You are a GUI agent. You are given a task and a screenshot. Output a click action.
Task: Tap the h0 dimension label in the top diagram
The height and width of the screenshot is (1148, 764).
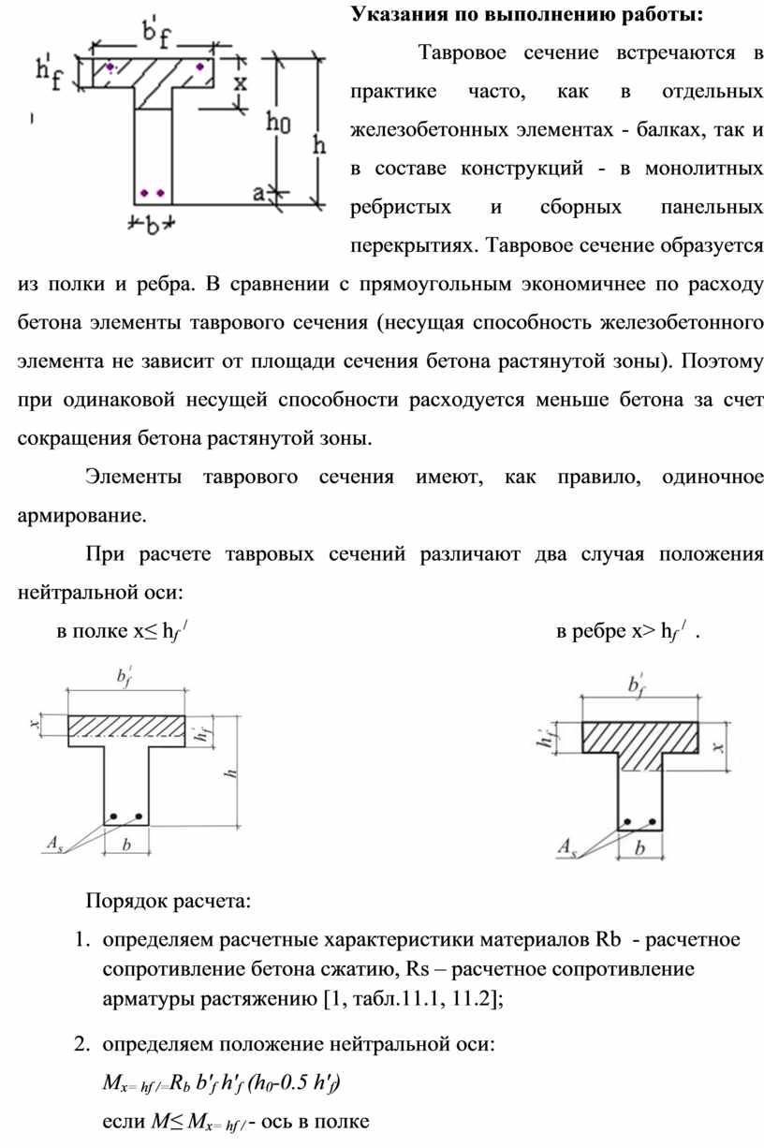tap(279, 122)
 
